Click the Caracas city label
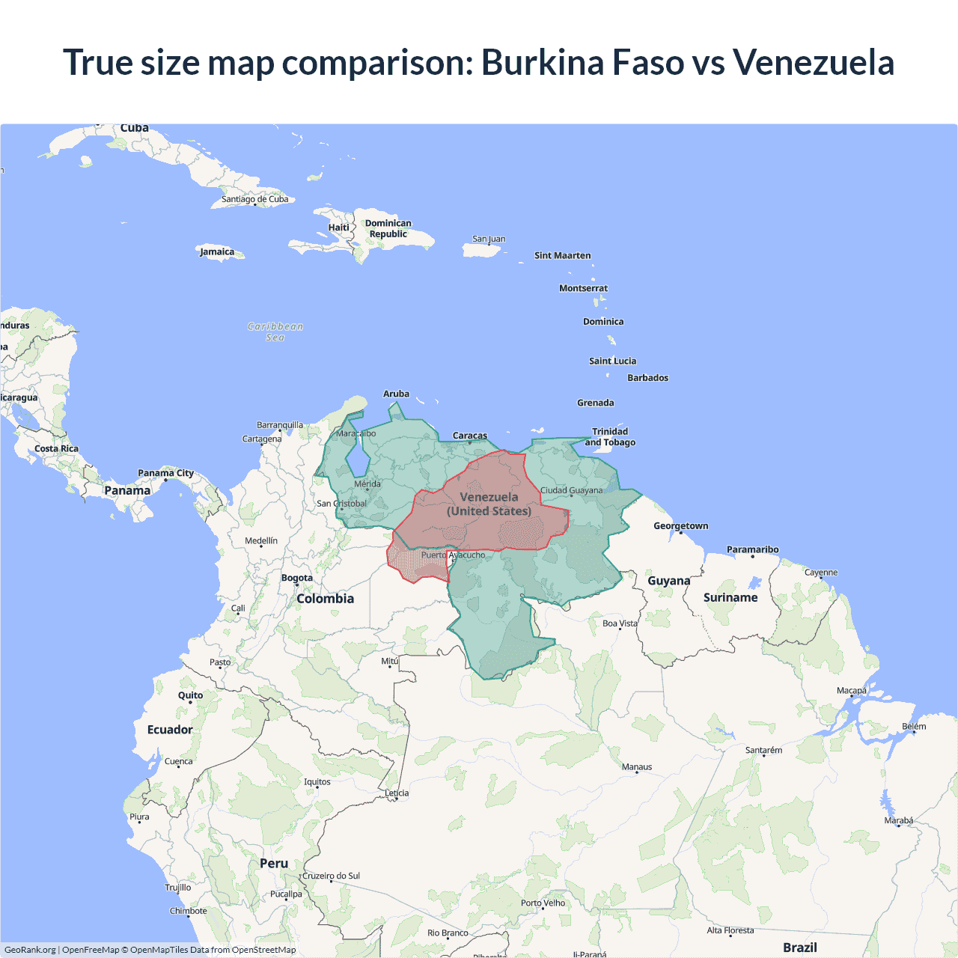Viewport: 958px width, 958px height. [x=470, y=436]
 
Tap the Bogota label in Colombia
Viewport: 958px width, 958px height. [x=297, y=578]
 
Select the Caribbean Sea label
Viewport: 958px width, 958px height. [x=275, y=332]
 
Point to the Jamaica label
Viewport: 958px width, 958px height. [x=217, y=251]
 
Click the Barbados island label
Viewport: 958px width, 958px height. [x=647, y=378]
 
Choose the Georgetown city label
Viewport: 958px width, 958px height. [x=680, y=526]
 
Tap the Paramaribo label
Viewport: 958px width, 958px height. [x=752, y=549]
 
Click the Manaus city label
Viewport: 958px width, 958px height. [x=637, y=767]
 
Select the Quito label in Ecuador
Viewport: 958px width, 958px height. [x=190, y=695]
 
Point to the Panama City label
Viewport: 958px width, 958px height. [x=165, y=473]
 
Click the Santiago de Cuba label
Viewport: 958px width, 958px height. [x=254, y=199]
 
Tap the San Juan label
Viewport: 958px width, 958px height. [x=489, y=239]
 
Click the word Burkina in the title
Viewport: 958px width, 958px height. [x=543, y=62]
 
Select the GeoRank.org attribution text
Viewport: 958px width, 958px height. [x=30, y=950]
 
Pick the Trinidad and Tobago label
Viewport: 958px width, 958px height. [x=610, y=437]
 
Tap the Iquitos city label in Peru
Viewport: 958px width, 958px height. [x=317, y=782]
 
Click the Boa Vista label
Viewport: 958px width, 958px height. [x=620, y=623]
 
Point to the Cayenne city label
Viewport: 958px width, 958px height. [x=821, y=573]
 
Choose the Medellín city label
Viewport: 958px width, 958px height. [x=261, y=541]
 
